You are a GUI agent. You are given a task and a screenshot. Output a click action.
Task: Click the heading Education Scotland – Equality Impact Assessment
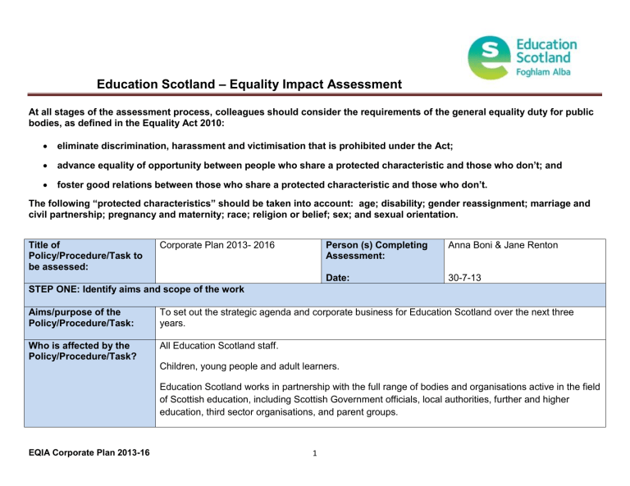pyautogui.click(x=237, y=84)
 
